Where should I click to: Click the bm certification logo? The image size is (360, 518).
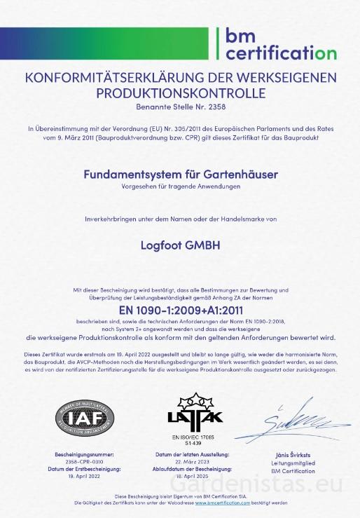point(280,43)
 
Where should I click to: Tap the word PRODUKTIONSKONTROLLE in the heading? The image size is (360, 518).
point(181,93)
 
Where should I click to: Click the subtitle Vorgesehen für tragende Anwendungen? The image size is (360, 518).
point(181,186)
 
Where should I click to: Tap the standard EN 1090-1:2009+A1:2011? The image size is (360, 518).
point(181,308)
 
